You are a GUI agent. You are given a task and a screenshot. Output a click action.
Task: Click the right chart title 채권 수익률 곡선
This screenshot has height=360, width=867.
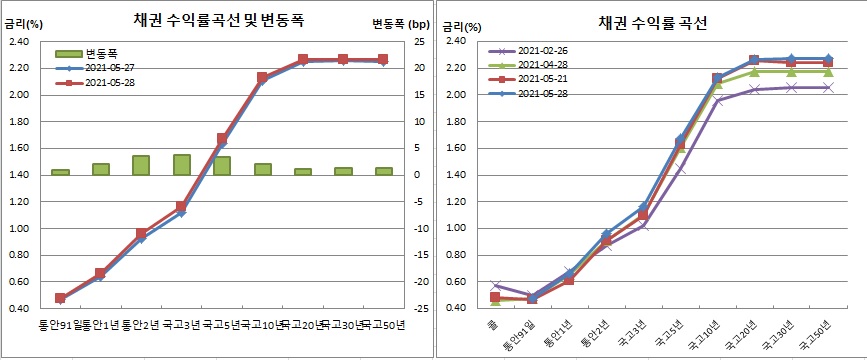point(651,21)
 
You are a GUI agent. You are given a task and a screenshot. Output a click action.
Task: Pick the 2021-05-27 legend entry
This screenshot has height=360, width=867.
point(114,68)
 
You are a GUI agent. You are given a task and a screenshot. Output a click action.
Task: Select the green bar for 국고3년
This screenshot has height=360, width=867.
point(181,165)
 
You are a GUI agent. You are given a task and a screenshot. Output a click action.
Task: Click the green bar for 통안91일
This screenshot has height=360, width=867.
point(60,172)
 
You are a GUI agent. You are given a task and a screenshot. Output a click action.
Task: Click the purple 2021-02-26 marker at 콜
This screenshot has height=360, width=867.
point(495,286)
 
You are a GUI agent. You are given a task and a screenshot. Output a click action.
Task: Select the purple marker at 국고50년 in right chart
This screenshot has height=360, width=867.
point(827,88)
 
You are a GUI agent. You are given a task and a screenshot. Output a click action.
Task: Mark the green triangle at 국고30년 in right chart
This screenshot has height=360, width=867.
point(791,71)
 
